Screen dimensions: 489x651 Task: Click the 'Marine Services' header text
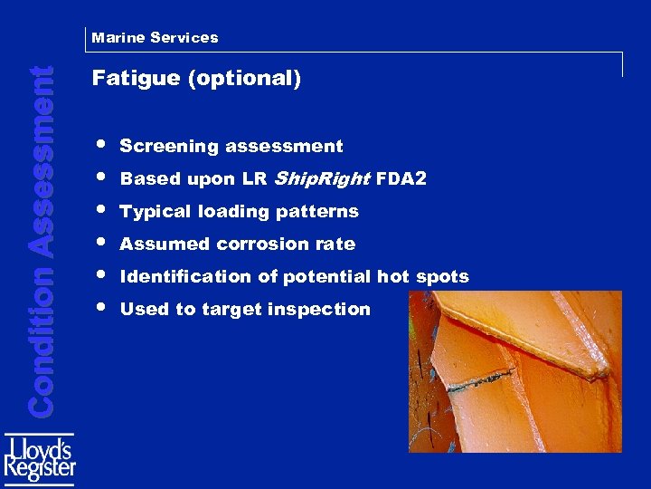(155, 38)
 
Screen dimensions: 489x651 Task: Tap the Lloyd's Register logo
(40, 460)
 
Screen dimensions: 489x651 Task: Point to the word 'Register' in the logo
(40, 471)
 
